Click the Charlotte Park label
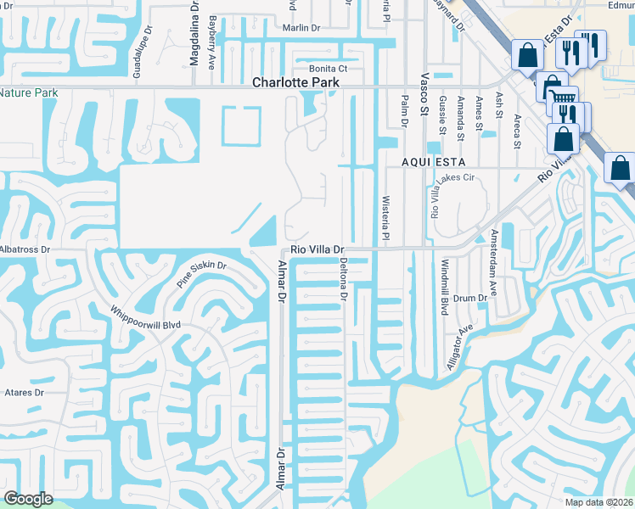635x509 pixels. coord(296,83)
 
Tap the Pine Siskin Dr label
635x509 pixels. coord(203,274)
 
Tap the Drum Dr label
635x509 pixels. coord(469,298)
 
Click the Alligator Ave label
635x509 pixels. coord(458,348)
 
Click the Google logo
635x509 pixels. coord(28,499)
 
